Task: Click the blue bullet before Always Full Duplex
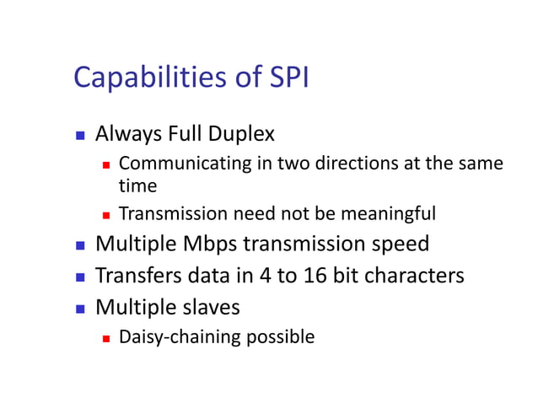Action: tap(80, 134)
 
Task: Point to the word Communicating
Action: tap(184, 163)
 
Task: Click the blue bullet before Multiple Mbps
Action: tap(80, 245)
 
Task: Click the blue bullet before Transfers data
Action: tap(80, 277)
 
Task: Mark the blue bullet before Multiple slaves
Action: tap(80, 307)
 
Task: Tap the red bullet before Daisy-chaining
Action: tap(107, 338)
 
